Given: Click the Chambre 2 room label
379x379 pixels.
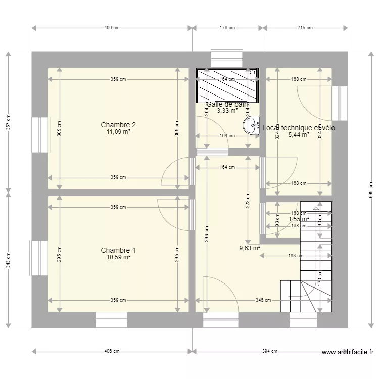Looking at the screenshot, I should [118, 125].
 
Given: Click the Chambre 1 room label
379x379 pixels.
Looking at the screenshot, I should [118, 250].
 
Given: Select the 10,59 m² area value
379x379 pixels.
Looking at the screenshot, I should [118, 258].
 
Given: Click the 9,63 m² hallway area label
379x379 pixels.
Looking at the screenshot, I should [250, 248].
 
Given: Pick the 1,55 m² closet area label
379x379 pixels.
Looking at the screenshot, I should [298, 219].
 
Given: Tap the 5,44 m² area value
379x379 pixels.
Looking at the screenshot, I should [298, 135].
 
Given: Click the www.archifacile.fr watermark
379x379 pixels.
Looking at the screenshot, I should [347, 353].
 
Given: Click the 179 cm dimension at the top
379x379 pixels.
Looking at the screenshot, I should [227, 28].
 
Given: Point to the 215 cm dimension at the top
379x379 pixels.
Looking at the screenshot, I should [305, 28].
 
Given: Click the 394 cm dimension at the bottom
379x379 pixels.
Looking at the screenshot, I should [270, 351].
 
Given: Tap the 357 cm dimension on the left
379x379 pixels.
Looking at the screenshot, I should [8, 122].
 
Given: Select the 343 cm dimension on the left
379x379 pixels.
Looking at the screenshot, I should [8, 259].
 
